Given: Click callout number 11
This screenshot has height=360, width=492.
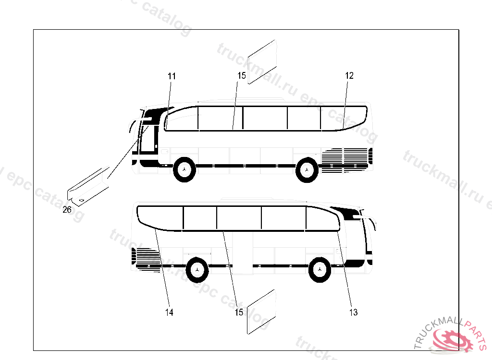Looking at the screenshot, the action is tap(172, 76).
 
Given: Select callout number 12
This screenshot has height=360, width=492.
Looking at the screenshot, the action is tap(349, 75).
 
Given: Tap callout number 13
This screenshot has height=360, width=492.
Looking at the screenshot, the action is tap(353, 312).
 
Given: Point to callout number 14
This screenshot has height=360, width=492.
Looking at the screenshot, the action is tap(169, 312).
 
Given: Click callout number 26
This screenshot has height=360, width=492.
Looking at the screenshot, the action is tap(67, 210).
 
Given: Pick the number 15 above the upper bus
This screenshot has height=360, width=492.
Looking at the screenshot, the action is tap(242, 75).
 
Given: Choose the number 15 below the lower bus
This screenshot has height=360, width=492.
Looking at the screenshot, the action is tap(239, 312).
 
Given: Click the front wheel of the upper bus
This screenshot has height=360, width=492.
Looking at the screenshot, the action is tap(184, 169).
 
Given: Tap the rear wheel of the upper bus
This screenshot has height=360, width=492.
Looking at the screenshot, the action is tap(307, 169).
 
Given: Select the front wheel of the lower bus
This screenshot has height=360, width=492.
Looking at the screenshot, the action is tap(320, 270).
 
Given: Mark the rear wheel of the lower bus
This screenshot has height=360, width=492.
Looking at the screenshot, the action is tap(197, 270).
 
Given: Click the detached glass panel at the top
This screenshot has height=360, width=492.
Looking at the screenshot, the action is tap(262, 62).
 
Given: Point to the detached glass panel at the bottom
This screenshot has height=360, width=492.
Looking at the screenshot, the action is tap(261, 312).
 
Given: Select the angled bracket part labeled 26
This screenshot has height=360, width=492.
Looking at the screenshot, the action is tap(88, 187).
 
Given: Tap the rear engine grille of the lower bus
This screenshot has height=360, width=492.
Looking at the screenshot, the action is tap(147, 259).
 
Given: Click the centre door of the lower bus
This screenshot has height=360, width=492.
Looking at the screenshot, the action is tap(243, 252).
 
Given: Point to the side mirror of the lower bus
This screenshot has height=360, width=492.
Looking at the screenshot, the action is tap(370, 219).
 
